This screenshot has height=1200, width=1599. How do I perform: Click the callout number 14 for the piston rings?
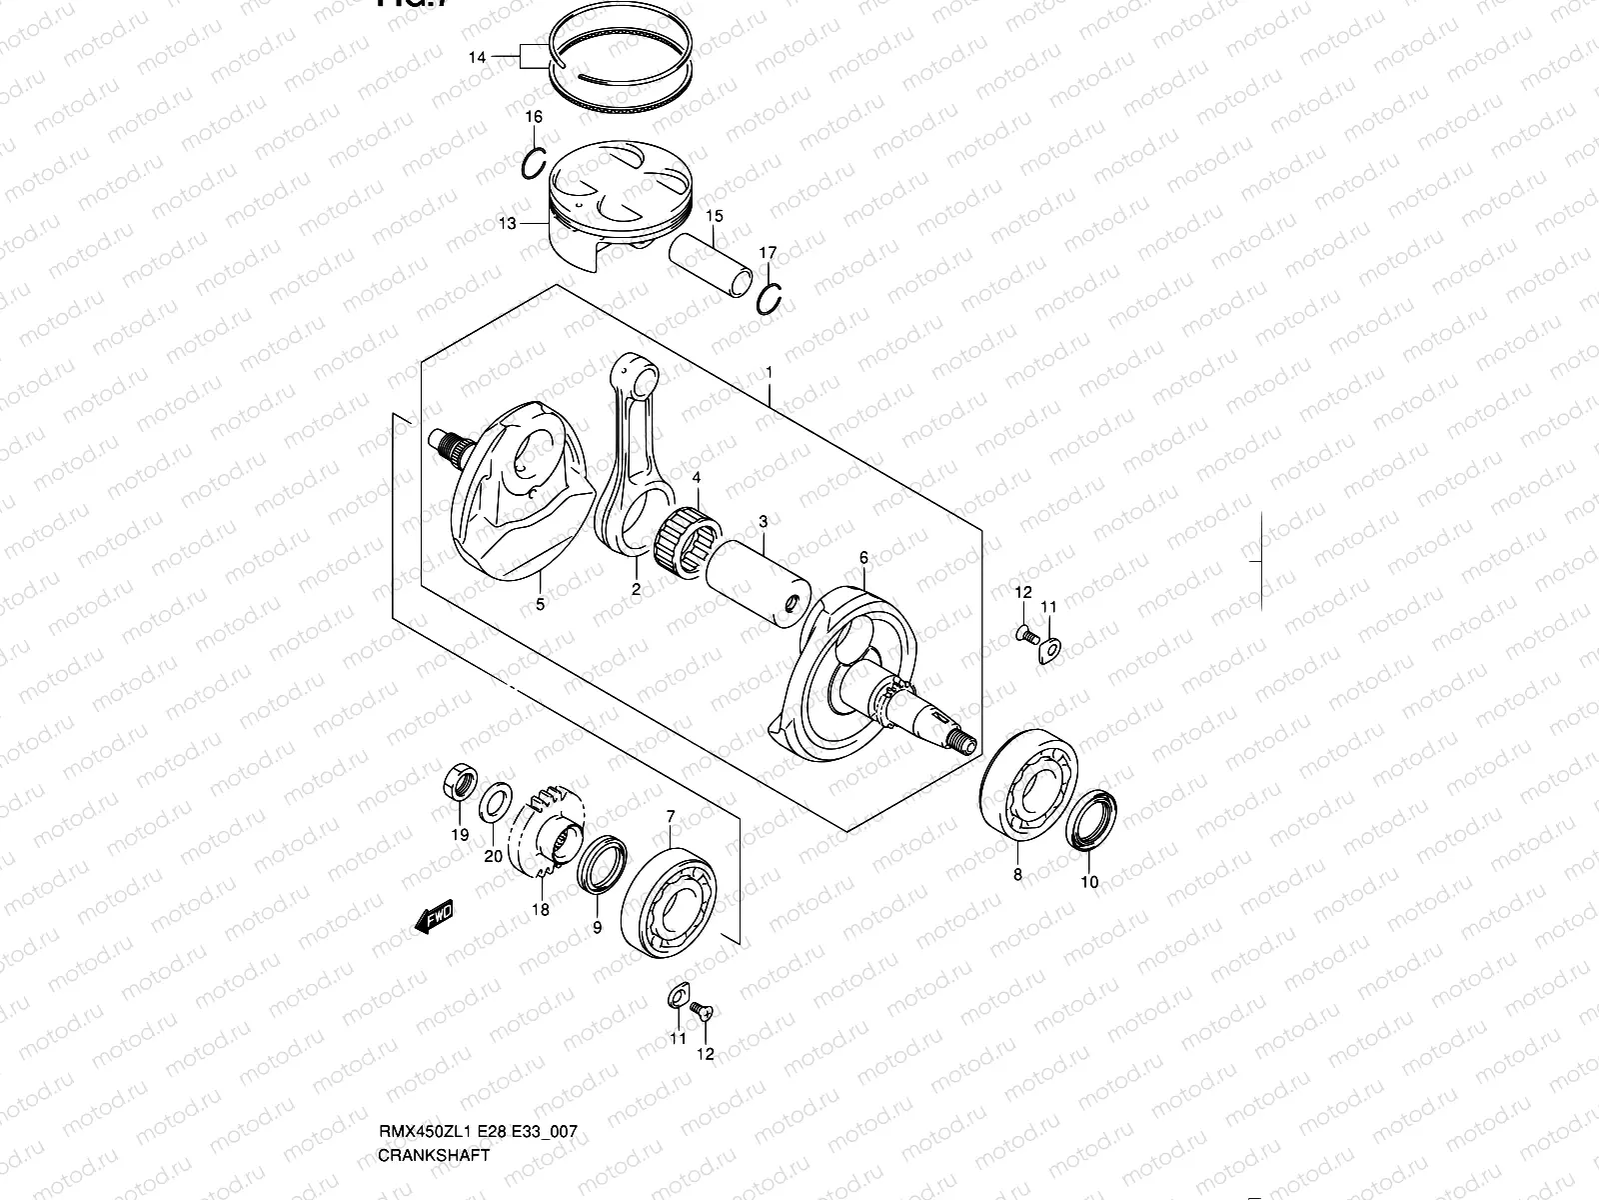[477, 58]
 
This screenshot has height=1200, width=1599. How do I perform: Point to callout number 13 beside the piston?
[507, 223]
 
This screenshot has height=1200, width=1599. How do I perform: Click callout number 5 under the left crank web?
[540, 605]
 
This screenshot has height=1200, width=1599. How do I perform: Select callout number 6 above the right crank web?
[863, 557]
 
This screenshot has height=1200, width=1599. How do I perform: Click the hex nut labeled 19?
[458, 781]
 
